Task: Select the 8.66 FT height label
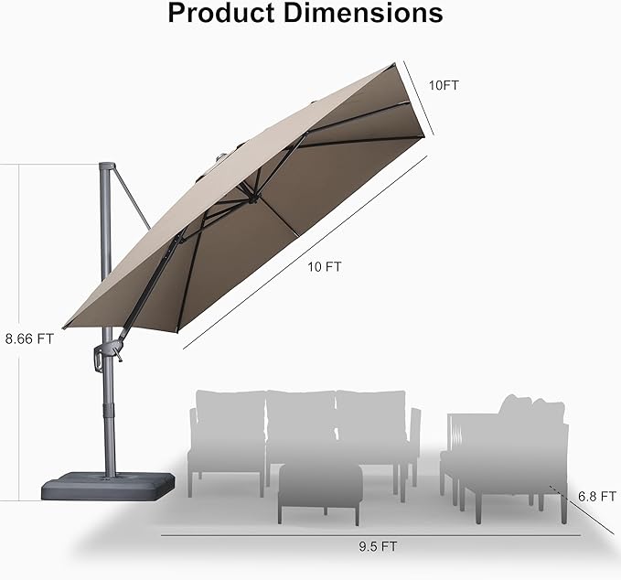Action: pyautogui.click(x=29, y=337)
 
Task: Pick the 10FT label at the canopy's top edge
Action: pyautogui.click(x=444, y=85)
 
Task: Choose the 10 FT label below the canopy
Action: pyautogui.click(x=325, y=267)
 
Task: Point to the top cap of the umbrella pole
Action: pyautogui.click(x=107, y=167)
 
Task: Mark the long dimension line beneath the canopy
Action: pyautogui.click(x=305, y=252)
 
